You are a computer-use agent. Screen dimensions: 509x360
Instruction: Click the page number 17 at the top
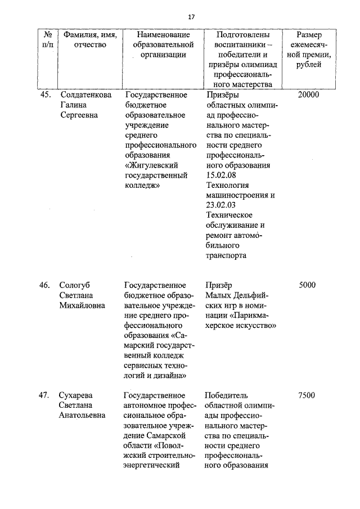coord(192,17)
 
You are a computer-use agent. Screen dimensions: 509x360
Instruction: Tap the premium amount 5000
coord(308,285)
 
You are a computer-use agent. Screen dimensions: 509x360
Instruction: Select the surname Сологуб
coord(75,285)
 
